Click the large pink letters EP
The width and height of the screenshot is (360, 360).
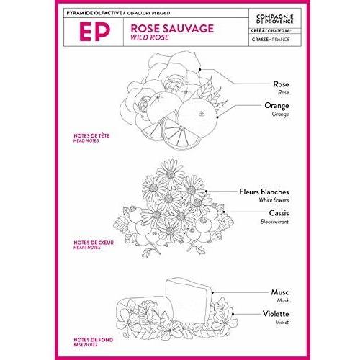[94, 32]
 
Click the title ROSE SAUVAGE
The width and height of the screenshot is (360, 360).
[172, 28]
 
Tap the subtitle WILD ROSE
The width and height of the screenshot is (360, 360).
[150, 37]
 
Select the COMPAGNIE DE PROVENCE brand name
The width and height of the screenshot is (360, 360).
[275, 19]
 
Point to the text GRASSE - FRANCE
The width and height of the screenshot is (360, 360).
[271, 40]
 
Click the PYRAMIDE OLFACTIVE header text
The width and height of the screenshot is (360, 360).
[94, 13]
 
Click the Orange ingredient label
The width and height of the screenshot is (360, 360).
[276, 106]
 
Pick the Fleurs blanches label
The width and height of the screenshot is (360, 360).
[264, 192]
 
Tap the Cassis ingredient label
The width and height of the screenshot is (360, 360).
[279, 213]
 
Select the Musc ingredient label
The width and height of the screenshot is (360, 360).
[280, 292]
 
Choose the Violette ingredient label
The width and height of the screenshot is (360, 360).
[276, 314]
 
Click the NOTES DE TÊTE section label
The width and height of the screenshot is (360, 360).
[91, 135]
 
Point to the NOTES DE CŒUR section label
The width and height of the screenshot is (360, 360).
[94, 243]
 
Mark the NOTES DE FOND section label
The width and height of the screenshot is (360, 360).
[93, 340]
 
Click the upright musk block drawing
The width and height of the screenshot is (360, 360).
[189, 300]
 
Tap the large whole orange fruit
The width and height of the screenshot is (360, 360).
[198, 118]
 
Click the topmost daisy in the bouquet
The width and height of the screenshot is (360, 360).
[170, 174]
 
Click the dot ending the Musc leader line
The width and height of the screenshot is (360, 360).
[212, 292]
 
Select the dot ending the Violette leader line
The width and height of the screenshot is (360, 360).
[233, 314]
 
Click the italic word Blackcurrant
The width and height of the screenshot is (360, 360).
[274, 222]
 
